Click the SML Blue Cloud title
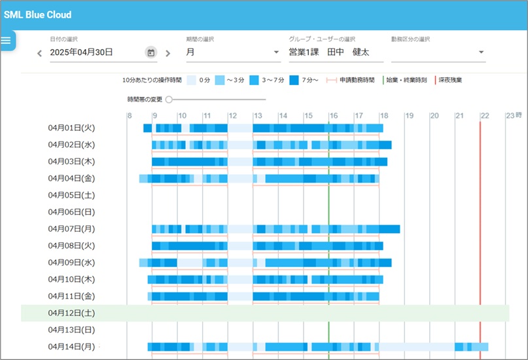pos(37,14)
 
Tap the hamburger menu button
pos(7,41)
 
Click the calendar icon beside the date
pos(150,52)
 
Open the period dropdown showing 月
pos(232,52)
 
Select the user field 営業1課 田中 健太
pos(329,52)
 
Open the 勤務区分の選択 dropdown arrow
pos(481,52)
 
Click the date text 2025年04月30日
pos(82,52)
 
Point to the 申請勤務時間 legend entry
pos(357,80)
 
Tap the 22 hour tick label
pos(484,116)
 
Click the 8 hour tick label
pos(130,116)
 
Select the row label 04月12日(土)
pos(72,313)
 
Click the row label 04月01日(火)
pos(72,128)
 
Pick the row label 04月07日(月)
pos(72,229)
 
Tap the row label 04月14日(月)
pos(72,346)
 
